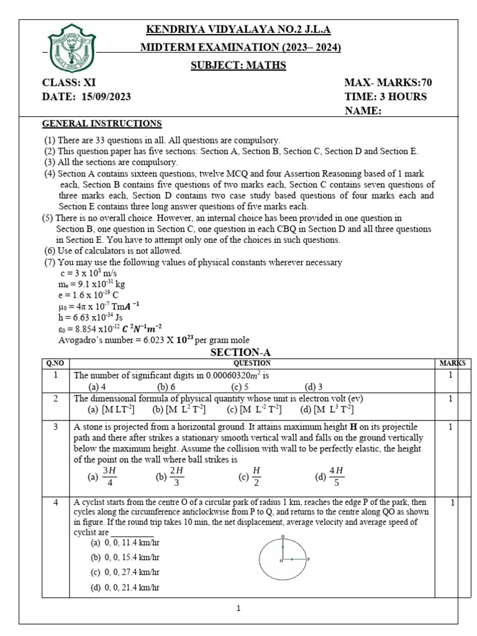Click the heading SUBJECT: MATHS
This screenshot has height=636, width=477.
click(x=238, y=65)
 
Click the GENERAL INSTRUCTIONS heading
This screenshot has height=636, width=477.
click(x=102, y=124)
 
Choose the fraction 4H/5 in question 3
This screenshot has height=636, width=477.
click(x=330, y=476)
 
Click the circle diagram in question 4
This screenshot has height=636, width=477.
click(x=283, y=560)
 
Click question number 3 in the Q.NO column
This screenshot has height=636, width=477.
click(x=57, y=427)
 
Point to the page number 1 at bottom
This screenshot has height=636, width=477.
click(x=239, y=608)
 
